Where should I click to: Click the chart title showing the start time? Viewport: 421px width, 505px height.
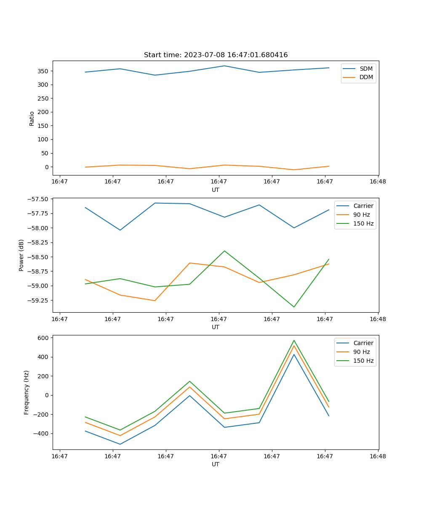[x=216, y=55]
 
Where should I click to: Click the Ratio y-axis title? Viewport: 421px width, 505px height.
[x=32, y=118]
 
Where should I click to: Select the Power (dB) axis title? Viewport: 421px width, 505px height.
[x=21, y=255]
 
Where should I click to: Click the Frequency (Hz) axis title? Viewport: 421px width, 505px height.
[x=27, y=392]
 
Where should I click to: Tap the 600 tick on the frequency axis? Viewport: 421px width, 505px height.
[x=44, y=338]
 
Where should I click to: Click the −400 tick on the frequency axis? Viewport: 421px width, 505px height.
[x=42, y=434]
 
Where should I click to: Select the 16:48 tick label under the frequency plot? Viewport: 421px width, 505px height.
[x=378, y=456]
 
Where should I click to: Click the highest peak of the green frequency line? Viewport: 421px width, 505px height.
[x=294, y=340]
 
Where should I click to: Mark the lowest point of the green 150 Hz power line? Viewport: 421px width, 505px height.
[x=294, y=307]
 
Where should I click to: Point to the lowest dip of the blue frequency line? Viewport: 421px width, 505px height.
[x=120, y=444]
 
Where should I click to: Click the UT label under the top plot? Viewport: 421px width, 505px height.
[x=216, y=190]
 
